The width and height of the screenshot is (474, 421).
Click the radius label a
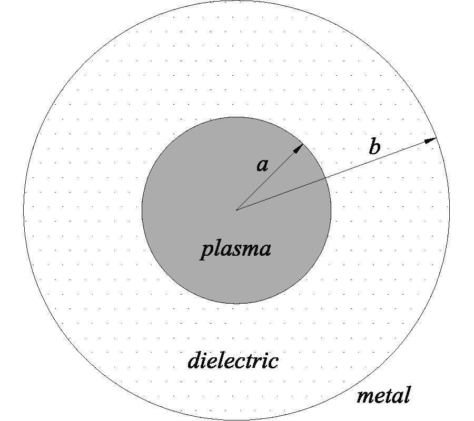(262, 165)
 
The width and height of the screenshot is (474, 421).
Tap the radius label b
(374, 147)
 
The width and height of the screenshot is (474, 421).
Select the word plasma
(236, 249)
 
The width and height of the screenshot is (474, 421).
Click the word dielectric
(233, 361)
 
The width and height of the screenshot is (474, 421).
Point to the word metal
(383, 395)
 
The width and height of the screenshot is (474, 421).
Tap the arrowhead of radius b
(431, 140)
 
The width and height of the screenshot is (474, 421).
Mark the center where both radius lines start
(236, 210)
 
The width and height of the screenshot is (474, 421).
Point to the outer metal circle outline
(24, 210)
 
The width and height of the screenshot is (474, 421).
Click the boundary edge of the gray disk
(142, 210)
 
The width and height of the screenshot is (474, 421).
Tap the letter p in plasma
(206, 250)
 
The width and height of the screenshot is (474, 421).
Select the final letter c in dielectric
(273, 363)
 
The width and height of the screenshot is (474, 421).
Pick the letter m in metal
(364, 396)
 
